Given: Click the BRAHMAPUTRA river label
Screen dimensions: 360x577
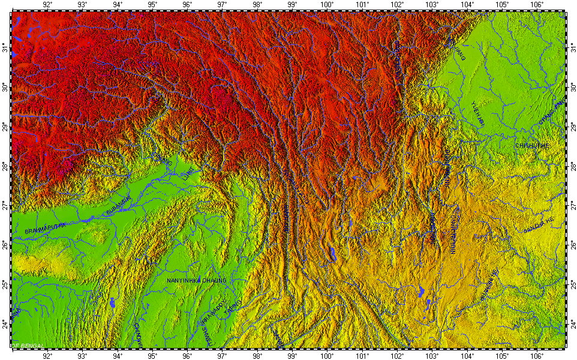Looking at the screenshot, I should (46, 227).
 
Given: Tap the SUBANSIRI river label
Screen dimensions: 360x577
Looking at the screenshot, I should (117, 208).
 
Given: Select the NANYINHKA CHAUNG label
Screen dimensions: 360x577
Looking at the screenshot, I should (197, 280).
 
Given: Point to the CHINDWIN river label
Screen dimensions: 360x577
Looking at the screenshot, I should (138, 334).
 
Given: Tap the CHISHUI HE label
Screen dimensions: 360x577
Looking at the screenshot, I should (531, 146).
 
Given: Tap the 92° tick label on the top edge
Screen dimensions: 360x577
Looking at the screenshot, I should (47, 5).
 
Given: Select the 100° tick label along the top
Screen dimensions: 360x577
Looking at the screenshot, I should (327, 5).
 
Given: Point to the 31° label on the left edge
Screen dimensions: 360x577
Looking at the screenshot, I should (5, 47).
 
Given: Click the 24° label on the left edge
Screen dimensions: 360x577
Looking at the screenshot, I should (5, 323).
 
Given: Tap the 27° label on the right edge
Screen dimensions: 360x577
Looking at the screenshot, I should (572, 206).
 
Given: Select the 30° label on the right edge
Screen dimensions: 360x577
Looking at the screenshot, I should (572, 88).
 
